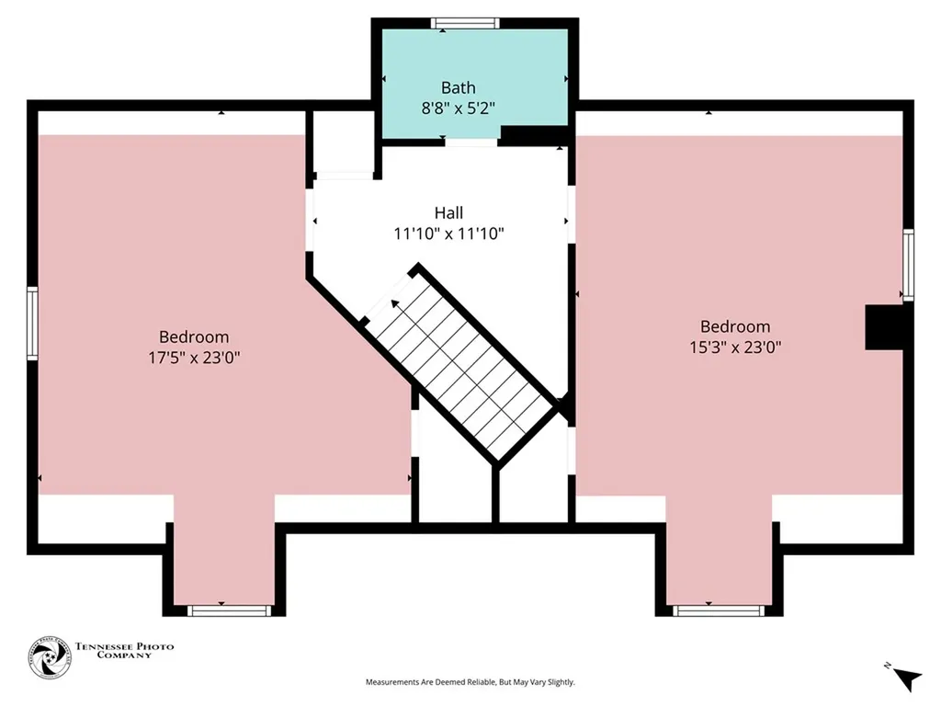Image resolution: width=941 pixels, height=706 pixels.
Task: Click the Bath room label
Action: tap(458, 88)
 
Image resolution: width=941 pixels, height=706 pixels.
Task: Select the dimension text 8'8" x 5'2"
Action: tap(458, 107)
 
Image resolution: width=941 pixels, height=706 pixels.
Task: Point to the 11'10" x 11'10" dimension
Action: tap(448, 234)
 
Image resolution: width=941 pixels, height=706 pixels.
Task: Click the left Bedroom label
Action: tap(194, 337)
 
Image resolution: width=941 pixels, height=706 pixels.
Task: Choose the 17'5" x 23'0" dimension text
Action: tap(194, 357)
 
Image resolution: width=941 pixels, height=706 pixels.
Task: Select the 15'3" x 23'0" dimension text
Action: tap(734, 347)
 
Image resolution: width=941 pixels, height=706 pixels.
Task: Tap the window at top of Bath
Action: tap(465, 23)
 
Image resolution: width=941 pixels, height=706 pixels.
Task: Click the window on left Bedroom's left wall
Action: tap(32, 323)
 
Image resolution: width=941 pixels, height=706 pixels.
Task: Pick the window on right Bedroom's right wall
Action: tap(908, 265)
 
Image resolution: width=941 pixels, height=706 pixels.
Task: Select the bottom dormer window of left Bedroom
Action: tap(229, 610)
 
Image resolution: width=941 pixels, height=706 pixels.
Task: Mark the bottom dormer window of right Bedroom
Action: tap(718, 610)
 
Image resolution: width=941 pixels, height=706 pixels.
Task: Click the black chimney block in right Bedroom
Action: tap(887, 327)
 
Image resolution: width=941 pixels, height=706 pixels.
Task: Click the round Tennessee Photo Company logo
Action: tap(50, 658)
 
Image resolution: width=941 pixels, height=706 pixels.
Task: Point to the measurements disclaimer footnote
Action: tap(470, 682)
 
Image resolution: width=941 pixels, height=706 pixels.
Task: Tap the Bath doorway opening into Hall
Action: tap(471, 142)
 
